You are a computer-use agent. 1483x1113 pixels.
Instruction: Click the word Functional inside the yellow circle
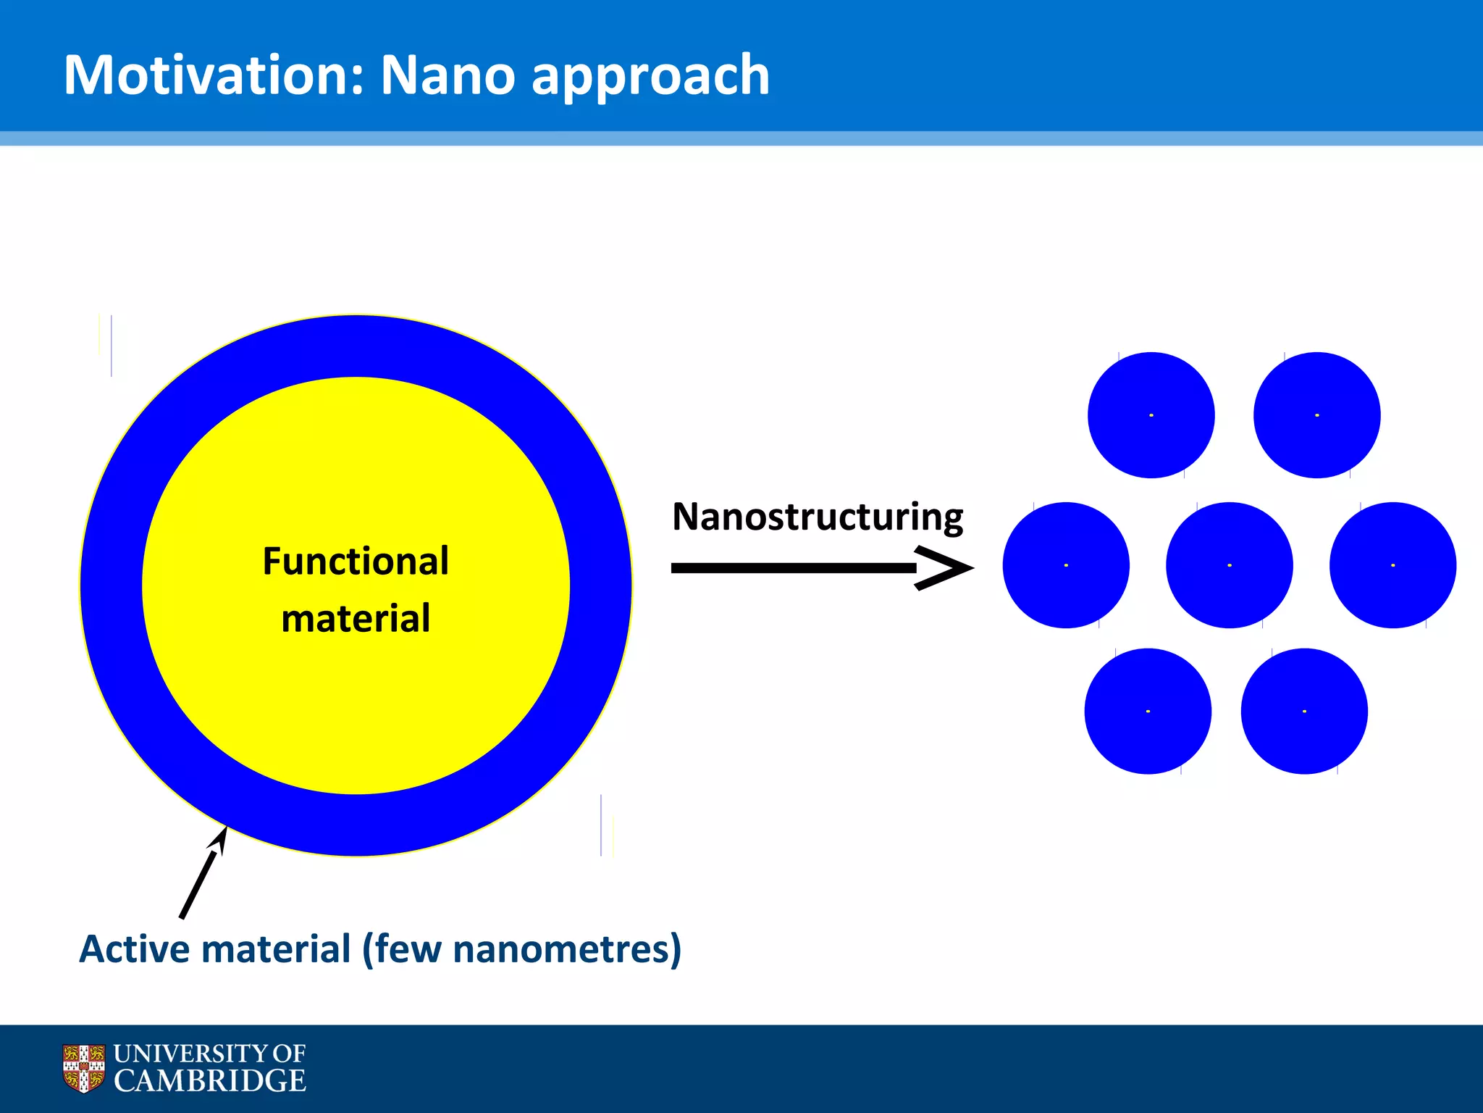tap(356, 562)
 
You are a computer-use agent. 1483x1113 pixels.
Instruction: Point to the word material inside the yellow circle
tap(356, 619)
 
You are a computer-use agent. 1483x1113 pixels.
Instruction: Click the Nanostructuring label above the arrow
tap(817, 517)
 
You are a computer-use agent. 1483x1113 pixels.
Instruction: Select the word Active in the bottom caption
tap(133, 949)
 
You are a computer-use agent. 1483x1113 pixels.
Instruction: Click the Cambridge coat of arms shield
tap(83, 1067)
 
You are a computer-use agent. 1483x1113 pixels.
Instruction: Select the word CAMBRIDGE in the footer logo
tap(210, 1080)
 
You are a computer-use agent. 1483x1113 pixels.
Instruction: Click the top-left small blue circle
tap(1151, 415)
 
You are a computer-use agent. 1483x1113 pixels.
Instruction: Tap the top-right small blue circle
tap(1316, 415)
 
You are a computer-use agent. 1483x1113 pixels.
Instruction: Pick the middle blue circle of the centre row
tap(1229, 565)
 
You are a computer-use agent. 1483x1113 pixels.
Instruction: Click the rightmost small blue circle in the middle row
tap(1392, 565)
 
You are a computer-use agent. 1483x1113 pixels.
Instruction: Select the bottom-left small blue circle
tap(1148, 711)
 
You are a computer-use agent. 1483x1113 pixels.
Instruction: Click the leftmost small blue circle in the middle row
tap(1066, 565)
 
